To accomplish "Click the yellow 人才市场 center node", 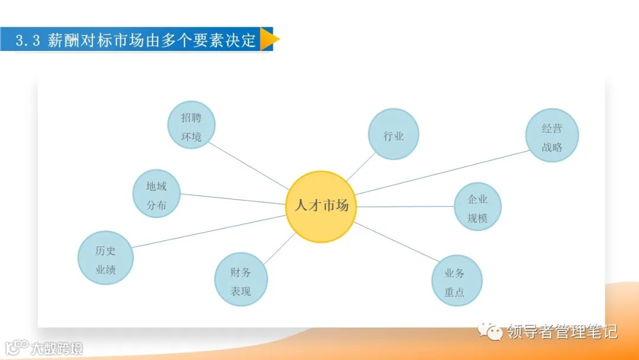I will (321, 207).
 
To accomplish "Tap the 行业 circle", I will (393, 134).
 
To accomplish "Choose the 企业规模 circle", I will (477, 207).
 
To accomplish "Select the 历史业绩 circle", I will (105, 258).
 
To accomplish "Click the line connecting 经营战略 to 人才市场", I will (441, 172).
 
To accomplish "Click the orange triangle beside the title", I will (269, 39).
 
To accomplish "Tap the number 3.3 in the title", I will (27, 40).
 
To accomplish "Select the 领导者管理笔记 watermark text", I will (562, 332).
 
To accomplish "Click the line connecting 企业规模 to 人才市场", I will (405, 207).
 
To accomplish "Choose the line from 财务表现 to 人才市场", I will (280, 248).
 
